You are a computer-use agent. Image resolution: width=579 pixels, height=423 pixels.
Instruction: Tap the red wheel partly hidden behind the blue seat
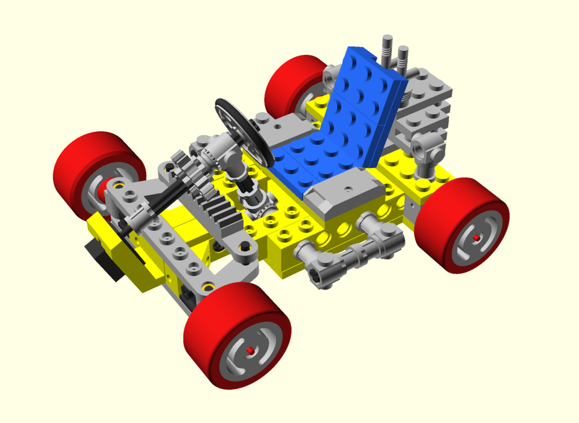[x=291, y=85]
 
